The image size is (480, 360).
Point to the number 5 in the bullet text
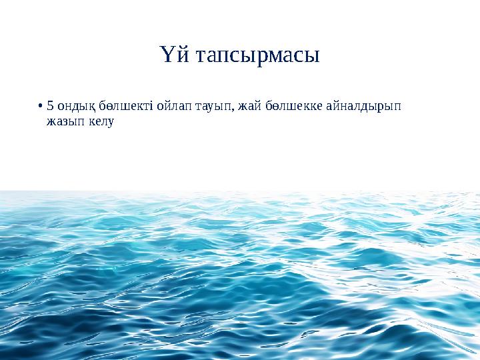[x=51, y=105]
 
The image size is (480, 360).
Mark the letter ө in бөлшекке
[x=275, y=106]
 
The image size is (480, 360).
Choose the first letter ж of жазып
[x=51, y=121]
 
